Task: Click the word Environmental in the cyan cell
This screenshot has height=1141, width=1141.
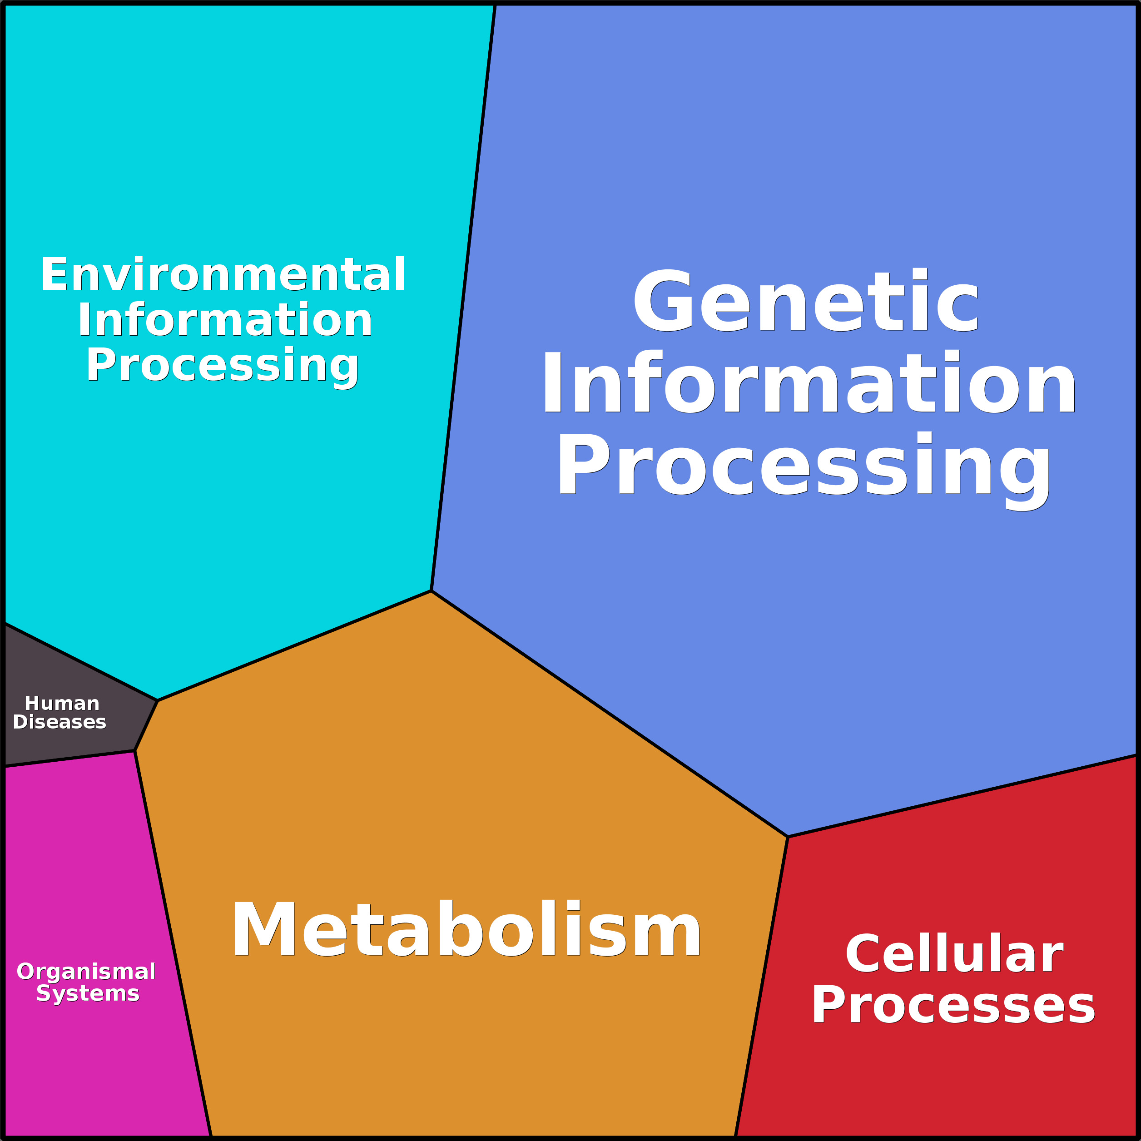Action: point(223,275)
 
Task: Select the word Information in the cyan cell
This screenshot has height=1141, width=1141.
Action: point(225,320)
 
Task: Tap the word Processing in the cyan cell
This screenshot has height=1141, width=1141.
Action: point(223,366)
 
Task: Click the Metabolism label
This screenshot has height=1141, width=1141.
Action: point(466,930)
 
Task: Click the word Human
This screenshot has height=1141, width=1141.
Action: point(62,704)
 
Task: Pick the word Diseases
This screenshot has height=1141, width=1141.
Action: point(60,722)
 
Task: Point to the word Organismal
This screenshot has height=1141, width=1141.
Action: point(86,971)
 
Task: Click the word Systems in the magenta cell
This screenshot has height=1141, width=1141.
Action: point(88,993)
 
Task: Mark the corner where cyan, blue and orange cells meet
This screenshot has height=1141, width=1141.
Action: point(432,590)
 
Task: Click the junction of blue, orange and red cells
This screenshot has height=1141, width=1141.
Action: point(788,837)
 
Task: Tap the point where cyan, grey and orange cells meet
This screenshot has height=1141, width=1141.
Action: point(158,700)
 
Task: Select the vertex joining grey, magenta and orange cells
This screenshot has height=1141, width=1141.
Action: point(134,751)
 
